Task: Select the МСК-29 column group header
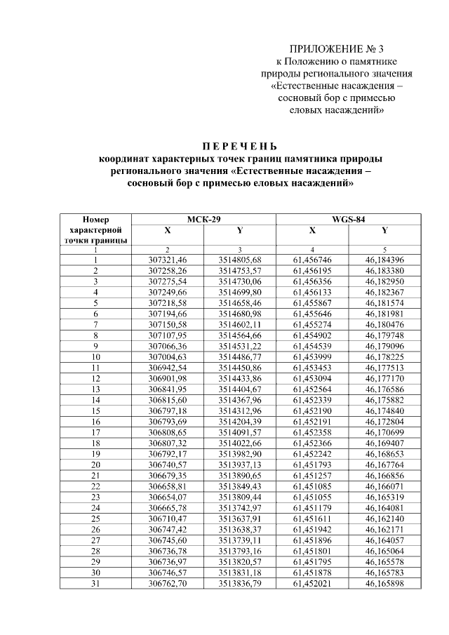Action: [203, 220]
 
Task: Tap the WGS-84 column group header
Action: [348, 220]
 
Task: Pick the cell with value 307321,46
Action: [168, 260]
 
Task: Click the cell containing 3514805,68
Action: [239, 260]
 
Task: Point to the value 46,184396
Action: [384, 260]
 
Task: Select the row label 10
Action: [95, 356]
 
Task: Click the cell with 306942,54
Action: [168, 367]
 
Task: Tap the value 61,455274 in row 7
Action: [312, 324]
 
